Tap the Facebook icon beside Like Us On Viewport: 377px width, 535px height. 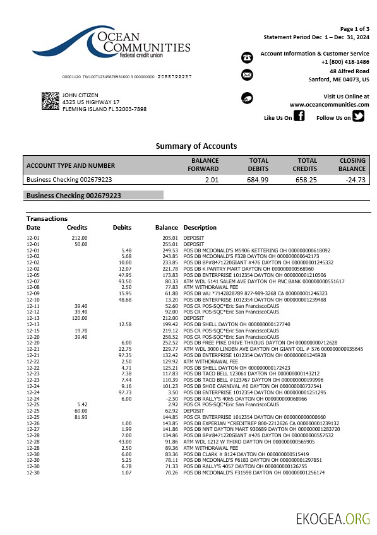pos(299,116)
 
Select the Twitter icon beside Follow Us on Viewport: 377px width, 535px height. pos(358,116)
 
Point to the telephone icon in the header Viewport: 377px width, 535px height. pos(247,57)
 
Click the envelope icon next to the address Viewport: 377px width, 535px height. pos(247,75)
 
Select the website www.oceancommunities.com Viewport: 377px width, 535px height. pos(329,105)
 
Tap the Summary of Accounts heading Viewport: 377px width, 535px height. pos(196,146)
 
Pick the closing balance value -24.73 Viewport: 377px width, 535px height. pos(356,180)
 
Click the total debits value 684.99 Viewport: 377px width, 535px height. pos(258,180)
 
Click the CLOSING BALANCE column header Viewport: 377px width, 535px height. pos(352,165)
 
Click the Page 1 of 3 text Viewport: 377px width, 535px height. pos(355,29)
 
